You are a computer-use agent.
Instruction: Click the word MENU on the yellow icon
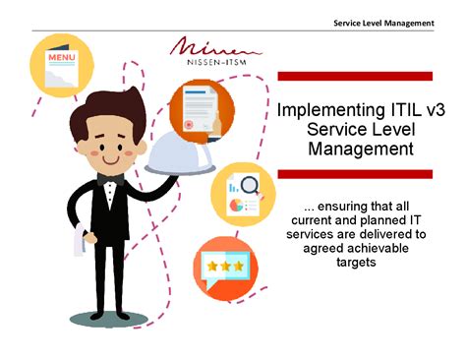[61, 58]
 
